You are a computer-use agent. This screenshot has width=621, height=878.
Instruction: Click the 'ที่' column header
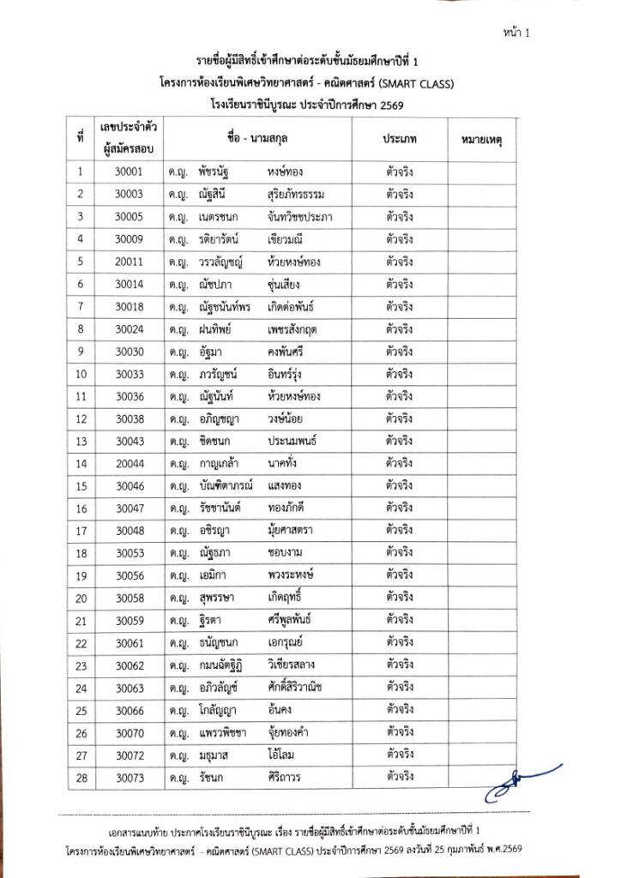79,138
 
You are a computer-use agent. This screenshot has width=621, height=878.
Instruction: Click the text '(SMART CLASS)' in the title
417,84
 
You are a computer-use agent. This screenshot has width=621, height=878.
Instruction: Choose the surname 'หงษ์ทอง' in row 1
285,171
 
